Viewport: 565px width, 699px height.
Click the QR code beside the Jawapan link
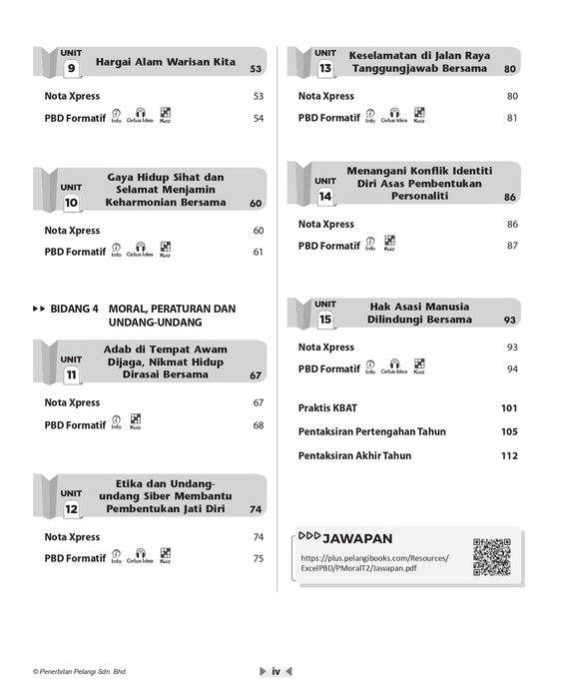(x=491, y=557)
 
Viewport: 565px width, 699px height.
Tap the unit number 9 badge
(x=71, y=69)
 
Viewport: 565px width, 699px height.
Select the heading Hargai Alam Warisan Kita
(x=166, y=62)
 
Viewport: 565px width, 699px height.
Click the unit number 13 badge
(x=324, y=69)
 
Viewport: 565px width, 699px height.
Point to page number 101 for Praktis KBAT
(x=509, y=407)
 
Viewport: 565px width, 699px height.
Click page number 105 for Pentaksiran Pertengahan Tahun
(x=509, y=431)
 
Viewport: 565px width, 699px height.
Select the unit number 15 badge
(x=324, y=320)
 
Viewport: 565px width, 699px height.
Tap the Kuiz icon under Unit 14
(x=389, y=243)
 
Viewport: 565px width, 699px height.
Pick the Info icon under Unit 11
(x=117, y=423)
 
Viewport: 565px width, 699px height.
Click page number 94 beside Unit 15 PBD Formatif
(x=511, y=369)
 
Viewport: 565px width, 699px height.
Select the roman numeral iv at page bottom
(x=276, y=672)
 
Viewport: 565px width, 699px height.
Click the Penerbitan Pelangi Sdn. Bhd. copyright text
(x=80, y=672)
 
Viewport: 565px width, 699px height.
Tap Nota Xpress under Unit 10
(x=73, y=230)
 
